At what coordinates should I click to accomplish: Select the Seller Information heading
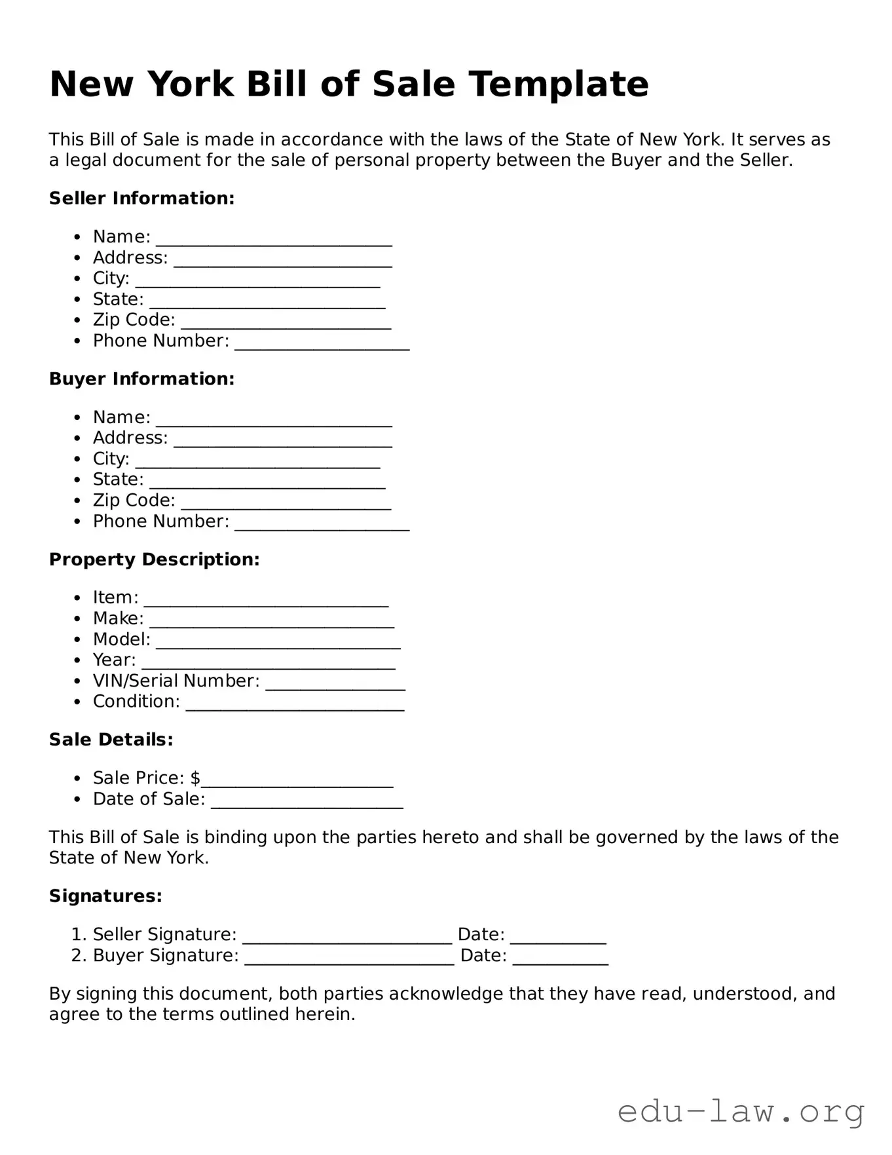(x=141, y=199)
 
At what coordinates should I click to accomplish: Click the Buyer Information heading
(x=141, y=379)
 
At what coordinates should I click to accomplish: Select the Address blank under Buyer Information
(x=282, y=442)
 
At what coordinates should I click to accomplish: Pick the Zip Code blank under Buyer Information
(x=286, y=504)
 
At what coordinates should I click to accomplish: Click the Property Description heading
(x=154, y=559)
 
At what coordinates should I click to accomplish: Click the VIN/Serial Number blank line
(x=335, y=685)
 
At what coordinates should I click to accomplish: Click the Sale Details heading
(x=111, y=740)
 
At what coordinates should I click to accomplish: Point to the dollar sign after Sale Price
(x=195, y=778)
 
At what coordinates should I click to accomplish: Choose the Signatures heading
(x=105, y=896)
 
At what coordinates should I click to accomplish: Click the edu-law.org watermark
(x=740, y=1112)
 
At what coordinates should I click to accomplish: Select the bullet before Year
(x=78, y=660)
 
